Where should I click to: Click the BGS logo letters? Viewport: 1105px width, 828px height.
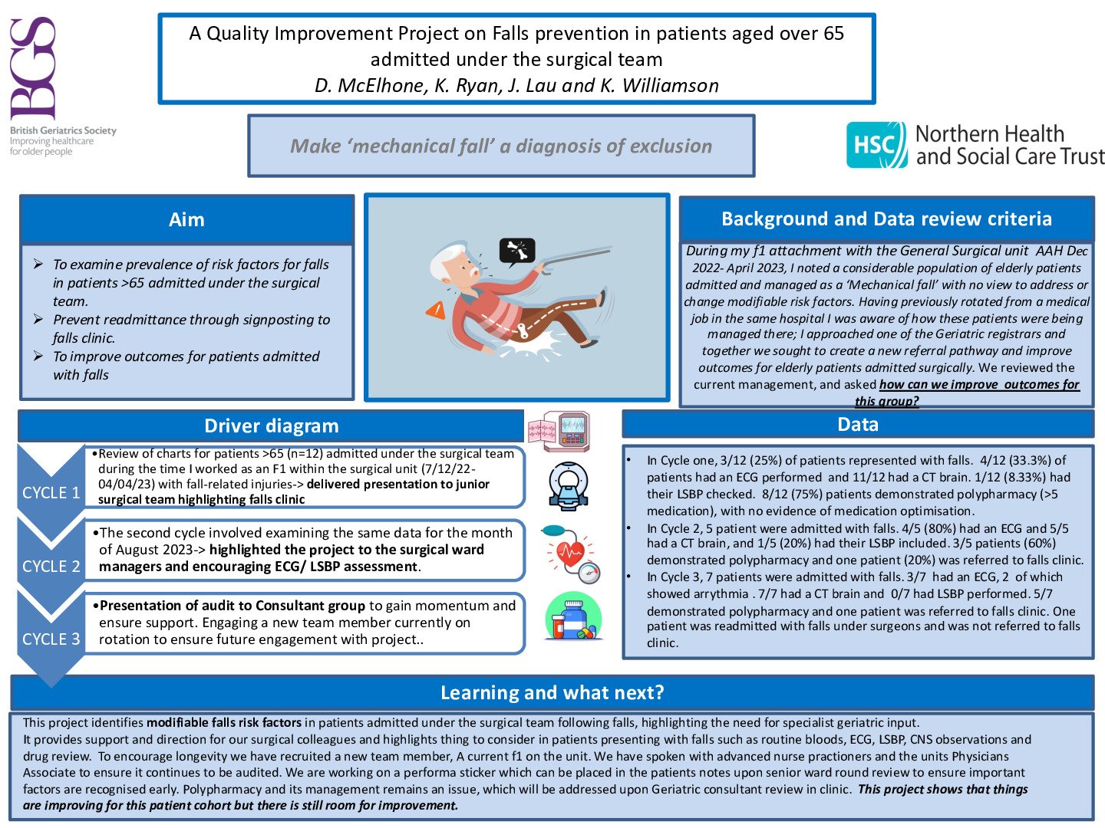pyautogui.click(x=34, y=69)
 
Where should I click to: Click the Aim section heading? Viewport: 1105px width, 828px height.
pyautogui.click(x=186, y=220)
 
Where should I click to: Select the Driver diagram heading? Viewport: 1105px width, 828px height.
pyautogui.click(x=271, y=426)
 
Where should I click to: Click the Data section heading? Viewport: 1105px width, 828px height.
pyautogui.click(x=857, y=425)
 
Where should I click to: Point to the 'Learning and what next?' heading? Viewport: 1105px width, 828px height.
pyautogui.click(x=552, y=693)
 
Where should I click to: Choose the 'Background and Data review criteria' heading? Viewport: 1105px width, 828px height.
pyautogui.click(x=886, y=219)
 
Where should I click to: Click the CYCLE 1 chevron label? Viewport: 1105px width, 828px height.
pyautogui.click(x=51, y=493)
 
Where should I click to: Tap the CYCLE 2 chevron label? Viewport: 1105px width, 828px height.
pyautogui.click(x=51, y=567)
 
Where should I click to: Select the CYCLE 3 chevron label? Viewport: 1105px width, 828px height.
pyautogui.click(x=51, y=639)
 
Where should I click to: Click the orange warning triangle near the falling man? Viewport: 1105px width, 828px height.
pyautogui.click(x=436, y=310)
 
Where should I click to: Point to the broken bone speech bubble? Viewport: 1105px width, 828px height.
pyautogui.click(x=517, y=251)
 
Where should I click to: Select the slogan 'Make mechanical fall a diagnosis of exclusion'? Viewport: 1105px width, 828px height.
pyautogui.click(x=501, y=146)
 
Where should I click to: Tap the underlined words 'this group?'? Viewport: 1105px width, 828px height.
pyautogui.click(x=886, y=401)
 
